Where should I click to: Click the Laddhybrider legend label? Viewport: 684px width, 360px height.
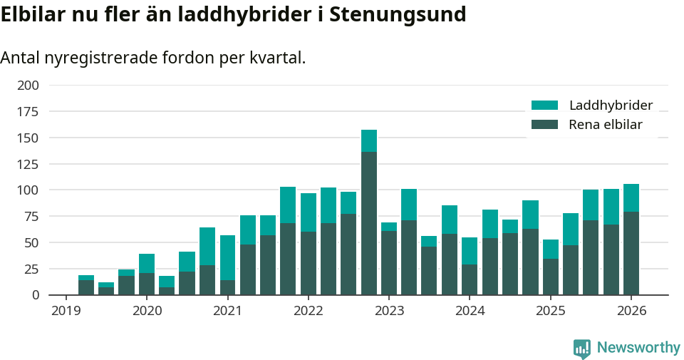pyautogui.click(x=611, y=106)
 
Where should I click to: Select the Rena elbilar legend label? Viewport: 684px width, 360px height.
pyautogui.click(x=606, y=125)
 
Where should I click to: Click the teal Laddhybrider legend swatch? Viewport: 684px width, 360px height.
pyautogui.click(x=545, y=106)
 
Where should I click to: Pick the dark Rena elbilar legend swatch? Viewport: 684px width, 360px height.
pyautogui.click(x=545, y=125)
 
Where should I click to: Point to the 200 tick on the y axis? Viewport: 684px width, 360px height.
pyautogui.click(x=28, y=86)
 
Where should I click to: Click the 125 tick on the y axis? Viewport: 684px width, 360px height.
pyautogui.click(x=28, y=164)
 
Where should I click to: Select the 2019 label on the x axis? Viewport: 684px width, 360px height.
pyautogui.click(x=66, y=311)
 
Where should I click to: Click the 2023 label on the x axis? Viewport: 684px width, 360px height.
pyautogui.click(x=389, y=311)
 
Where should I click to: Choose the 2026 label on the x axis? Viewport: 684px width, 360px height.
pyautogui.click(x=631, y=311)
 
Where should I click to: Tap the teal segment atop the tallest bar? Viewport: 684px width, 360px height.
pyautogui.click(x=369, y=140)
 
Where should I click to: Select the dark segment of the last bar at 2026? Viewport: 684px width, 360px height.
pyautogui.click(x=631, y=253)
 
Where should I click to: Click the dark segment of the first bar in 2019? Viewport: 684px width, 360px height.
pyautogui.click(x=86, y=287)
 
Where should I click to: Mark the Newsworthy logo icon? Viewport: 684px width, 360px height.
pyautogui.click(x=582, y=348)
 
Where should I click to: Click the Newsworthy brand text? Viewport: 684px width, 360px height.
pyautogui.click(x=638, y=348)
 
